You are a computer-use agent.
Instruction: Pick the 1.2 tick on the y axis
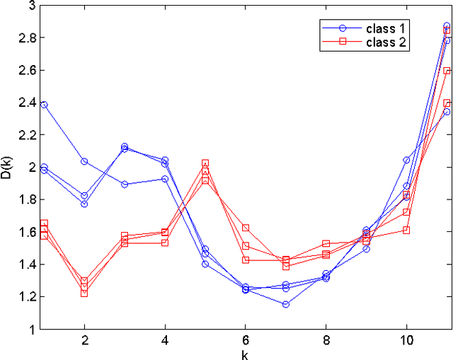(x=27, y=297)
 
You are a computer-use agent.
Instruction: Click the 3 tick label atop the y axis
(x=32, y=6)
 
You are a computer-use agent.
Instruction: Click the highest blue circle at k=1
(x=44, y=105)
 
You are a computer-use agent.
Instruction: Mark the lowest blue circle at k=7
(x=286, y=304)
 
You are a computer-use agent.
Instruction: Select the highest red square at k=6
(x=246, y=228)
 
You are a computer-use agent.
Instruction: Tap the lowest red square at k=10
(x=407, y=230)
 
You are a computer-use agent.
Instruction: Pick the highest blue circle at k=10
(x=407, y=160)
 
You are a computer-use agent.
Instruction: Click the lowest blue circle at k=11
(x=447, y=112)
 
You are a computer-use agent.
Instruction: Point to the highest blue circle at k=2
(x=84, y=161)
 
